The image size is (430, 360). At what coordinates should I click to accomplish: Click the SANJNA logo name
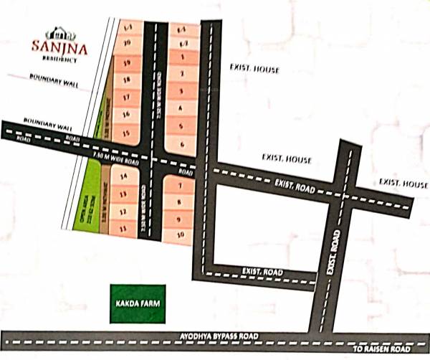coord(59,47)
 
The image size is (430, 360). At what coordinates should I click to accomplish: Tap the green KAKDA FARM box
coord(137,303)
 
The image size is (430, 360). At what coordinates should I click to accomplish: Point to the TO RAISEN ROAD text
coord(383,349)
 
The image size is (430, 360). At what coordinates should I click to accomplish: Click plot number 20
coord(127,44)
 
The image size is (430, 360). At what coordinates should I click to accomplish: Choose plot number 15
coord(126,133)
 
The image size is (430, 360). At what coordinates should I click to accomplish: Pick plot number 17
coord(126,97)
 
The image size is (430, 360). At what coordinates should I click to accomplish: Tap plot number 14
coord(123,176)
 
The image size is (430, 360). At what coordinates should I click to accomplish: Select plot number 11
coord(123,228)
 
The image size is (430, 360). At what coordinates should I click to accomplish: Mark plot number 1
coord(182,56)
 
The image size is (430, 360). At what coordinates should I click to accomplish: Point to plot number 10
coord(181,235)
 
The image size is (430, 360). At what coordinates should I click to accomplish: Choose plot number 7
coord(181,185)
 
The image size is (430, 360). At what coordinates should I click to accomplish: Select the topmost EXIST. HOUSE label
coord(254,70)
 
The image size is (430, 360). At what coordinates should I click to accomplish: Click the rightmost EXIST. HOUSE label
coord(403,184)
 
